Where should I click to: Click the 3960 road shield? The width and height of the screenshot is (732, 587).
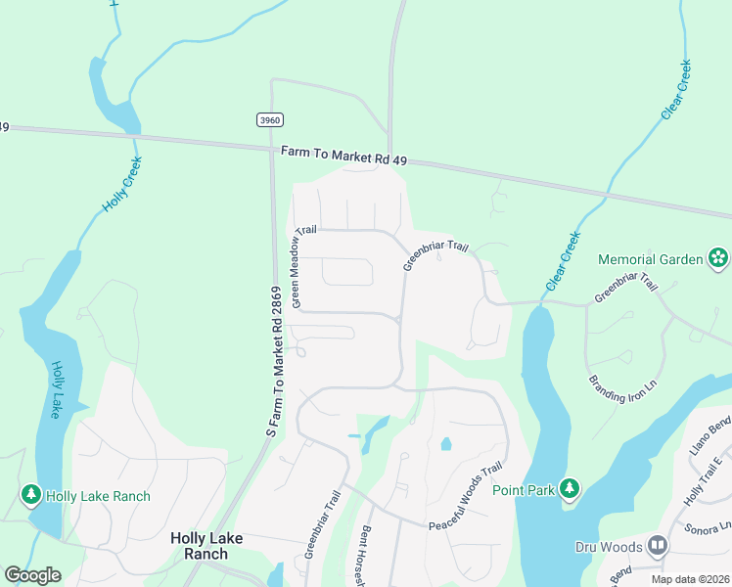pos(270,119)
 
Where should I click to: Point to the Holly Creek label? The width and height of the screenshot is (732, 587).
pos(122,185)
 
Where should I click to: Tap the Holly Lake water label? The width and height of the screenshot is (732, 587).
pos(58,390)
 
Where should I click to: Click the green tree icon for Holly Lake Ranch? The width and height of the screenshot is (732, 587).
pos(31,496)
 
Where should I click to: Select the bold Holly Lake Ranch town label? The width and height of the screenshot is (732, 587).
pos(199,545)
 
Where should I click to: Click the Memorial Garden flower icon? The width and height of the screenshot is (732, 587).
pos(719,259)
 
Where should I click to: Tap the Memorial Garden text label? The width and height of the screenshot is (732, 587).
pos(651,259)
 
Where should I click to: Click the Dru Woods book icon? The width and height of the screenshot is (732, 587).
pos(658,546)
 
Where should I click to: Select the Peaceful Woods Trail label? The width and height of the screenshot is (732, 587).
pos(465,496)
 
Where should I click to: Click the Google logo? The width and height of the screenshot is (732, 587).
pos(32,575)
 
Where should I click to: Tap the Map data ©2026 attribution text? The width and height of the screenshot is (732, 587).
pos(691,579)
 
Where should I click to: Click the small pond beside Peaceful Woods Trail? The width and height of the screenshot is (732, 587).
pos(446,444)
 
